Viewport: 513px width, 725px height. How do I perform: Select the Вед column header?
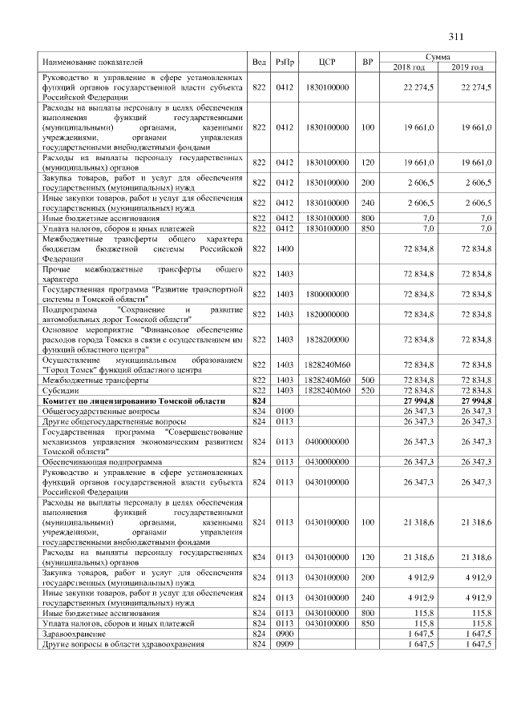click(x=259, y=62)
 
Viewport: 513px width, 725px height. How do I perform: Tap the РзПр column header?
click(x=285, y=62)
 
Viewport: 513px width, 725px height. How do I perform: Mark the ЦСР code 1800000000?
click(x=327, y=295)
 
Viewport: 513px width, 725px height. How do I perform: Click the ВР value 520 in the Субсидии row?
click(x=368, y=389)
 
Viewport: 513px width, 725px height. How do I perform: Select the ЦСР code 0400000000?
click(x=327, y=441)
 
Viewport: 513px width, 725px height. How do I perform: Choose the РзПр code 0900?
click(x=285, y=633)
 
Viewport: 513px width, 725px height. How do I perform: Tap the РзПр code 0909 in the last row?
click(x=285, y=643)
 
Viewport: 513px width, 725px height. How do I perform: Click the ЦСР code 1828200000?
click(x=327, y=340)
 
